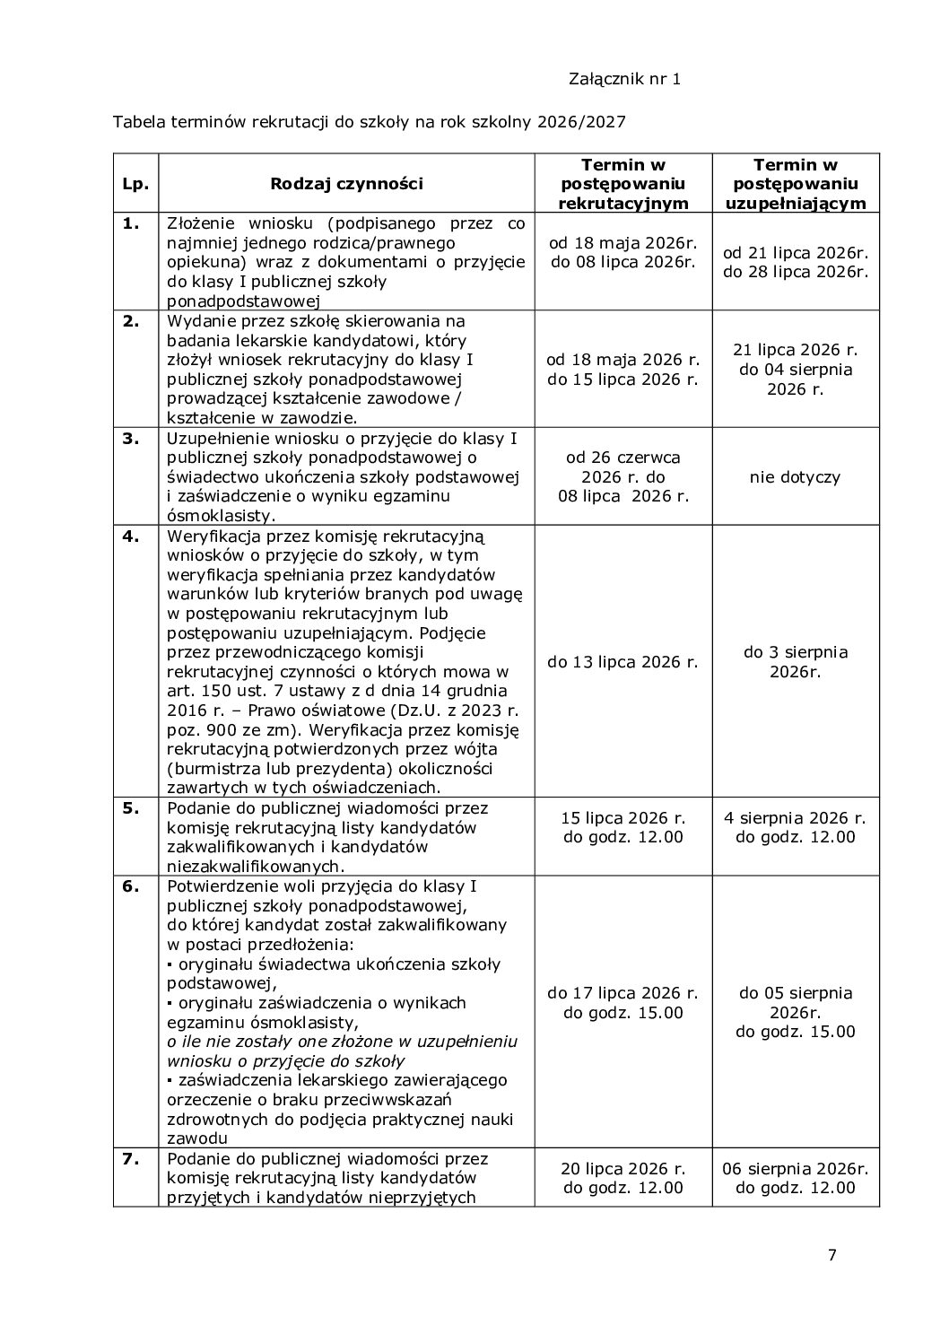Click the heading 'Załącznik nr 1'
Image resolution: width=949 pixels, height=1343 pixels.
coord(624,79)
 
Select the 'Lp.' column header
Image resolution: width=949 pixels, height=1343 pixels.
coord(135,184)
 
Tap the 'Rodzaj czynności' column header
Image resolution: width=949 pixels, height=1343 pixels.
coord(346,184)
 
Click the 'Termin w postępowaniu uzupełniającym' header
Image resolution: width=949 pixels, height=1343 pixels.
coord(795,184)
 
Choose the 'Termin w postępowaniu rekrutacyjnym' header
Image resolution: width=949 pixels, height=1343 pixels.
coord(623,184)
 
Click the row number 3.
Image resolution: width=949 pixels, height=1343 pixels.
coord(131,439)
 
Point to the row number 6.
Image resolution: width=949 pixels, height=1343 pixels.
coord(131,886)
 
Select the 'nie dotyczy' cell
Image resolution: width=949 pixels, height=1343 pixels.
coord(795,477)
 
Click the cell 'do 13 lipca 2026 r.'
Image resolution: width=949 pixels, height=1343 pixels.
coord(623,662)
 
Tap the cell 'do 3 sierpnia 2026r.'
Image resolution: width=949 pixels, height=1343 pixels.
coord(795,662)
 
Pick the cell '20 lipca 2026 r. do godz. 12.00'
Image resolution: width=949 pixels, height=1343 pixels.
coord(623,1178)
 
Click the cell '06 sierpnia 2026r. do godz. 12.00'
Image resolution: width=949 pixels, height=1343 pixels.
coord(795,1178)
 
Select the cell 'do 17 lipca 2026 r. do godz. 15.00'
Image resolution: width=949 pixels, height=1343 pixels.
coord(623,1003)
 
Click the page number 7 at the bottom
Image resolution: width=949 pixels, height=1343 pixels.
coord(831,1255)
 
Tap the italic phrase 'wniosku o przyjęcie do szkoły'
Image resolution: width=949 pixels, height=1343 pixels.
coord(285,1060)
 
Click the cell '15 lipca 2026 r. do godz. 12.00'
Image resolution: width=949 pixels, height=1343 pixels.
coord(623,827)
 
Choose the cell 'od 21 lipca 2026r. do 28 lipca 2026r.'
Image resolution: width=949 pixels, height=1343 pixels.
coord(795,262)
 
